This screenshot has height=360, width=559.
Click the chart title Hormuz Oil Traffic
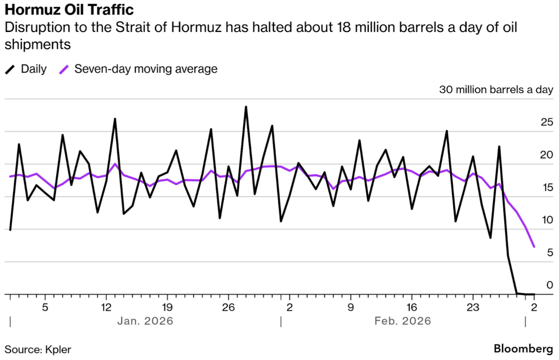(69, 10)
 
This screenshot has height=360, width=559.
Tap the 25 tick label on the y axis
(547, 122)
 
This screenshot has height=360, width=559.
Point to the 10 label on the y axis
(547, 220)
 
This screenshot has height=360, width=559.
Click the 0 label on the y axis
(549, 285)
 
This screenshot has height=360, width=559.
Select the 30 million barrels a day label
(496, 89)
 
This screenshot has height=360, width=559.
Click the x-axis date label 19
(167, 308)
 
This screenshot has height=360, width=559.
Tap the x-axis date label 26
(228, 308)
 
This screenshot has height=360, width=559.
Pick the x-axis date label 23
(473, 308)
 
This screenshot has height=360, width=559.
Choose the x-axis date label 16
(412, 308)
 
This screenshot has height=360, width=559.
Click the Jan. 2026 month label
(145, 321)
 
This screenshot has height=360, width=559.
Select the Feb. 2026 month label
(403, 321)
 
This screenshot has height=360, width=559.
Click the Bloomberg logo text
(523, 349)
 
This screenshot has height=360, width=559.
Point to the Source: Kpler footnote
(38, 349)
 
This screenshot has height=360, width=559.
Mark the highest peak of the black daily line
(246, 107)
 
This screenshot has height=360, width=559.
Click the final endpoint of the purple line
(534, 247)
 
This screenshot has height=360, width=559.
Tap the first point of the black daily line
(10, 230)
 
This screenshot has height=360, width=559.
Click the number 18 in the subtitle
(344, 27)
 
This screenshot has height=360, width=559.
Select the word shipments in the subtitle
(37, 44)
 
